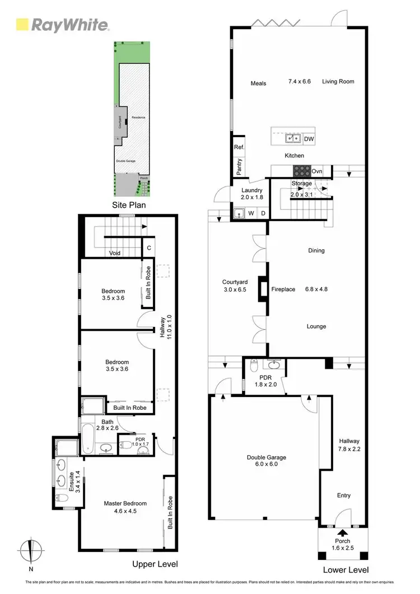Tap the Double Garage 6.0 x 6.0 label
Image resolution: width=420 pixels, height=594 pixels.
coord(266,461)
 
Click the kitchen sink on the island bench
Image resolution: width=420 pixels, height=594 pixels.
coord(292,138)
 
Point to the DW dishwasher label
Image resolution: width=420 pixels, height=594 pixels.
coord(309,139)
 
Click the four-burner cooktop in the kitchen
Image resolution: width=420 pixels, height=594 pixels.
coord(302,171)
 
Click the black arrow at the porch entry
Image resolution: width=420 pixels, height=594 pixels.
coord(342,534)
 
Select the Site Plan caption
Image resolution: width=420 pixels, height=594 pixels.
coord(129,205)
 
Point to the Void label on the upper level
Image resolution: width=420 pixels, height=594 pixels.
coord(115,253)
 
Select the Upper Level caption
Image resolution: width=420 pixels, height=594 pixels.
coord(155,564)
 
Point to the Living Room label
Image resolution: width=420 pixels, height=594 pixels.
coord(338,82)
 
